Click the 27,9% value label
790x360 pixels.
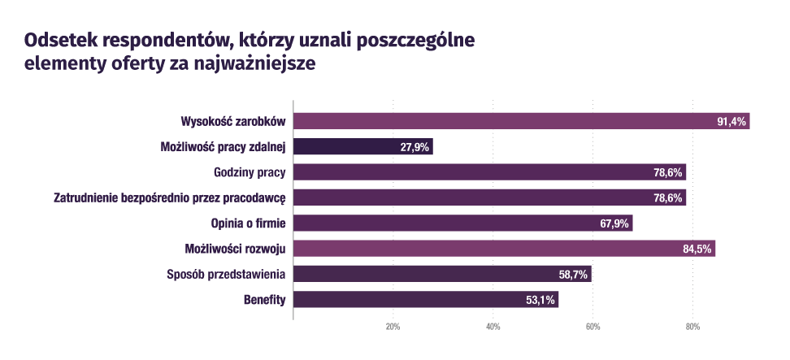pyautogui.click(x=415, y=147)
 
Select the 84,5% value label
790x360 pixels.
pyautogui.click(x=697, y=249)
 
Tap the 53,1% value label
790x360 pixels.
pyautogui.click(x=540, y=300)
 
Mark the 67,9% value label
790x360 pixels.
pyautogui.click(x=614, y=223)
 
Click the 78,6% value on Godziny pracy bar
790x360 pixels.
pyautogui.click(x=668, y=172)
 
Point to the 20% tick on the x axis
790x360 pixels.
pyautogui.click(x=393, y=326)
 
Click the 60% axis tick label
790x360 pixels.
pyautogui.click(x=592, y=326)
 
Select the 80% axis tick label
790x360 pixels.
pyautogui.click(x=692, y=326)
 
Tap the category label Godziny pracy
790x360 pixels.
pyautogui.click(x=249, y=172)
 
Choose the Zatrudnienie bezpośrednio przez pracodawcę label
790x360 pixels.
pyautogui.click(x=170, y=197)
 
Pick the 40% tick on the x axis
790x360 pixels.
pyautogui.click(x=493, y=326)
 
